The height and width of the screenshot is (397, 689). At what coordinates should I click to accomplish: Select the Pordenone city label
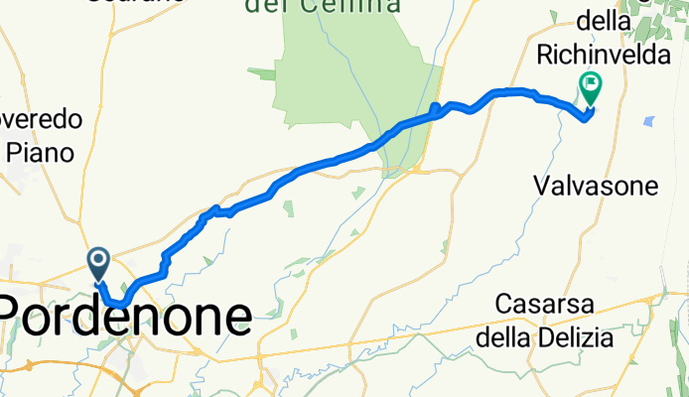pos(126,318)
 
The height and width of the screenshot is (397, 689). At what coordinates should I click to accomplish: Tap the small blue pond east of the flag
pos(648,121)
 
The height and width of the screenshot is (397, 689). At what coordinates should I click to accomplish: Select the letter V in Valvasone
pos(542,186)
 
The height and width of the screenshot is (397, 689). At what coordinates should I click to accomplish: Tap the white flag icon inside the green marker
pos(591,84)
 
